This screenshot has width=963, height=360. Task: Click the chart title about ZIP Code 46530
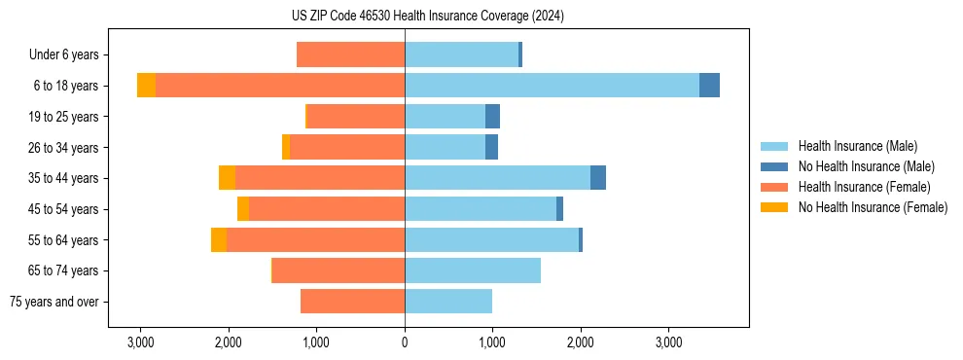pos(427,17)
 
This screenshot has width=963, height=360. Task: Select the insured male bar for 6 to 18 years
pos(552,86)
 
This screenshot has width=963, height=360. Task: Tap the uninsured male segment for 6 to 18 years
pos(709,86)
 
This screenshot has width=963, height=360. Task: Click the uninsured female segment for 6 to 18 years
pos(146,86)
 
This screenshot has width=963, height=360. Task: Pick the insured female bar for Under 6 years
pos(350,54)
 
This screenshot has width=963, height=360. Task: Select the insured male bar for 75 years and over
pos(448,302)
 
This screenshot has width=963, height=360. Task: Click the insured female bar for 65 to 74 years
pos(339,270)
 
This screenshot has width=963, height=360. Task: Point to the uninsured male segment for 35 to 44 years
pos(598,178)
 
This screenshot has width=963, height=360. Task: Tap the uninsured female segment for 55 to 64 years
pos(219,240)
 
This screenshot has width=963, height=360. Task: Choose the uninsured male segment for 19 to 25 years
pos(492,117)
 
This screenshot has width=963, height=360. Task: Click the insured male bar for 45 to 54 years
pos(481,209)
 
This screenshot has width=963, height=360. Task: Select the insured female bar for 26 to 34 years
pos(347,147)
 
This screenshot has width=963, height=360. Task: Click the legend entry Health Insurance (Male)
pos(857,146)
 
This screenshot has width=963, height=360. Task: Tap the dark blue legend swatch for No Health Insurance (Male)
pos(774,166)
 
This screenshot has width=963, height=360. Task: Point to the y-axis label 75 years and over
pos(53,302)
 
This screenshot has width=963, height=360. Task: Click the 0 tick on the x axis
pos(405,342)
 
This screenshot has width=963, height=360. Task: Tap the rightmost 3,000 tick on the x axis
pos(668,342)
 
